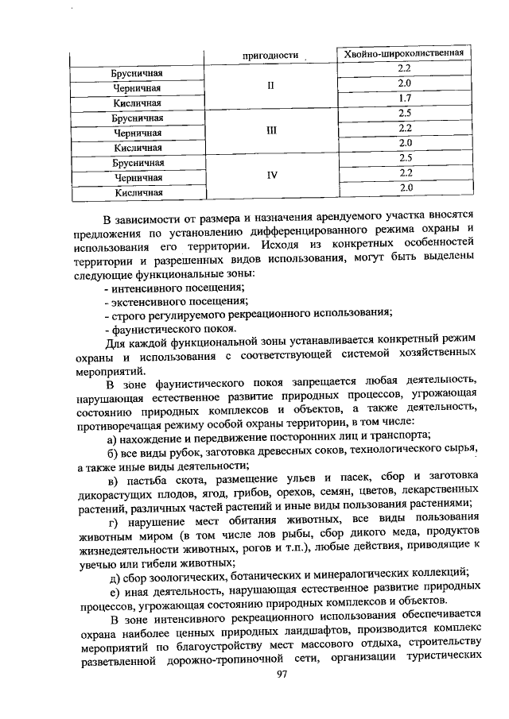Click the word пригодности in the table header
click(270, 56)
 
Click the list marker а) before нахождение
click(113, 435)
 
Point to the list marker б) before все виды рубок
click(113, 450)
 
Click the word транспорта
click(398, 435)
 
